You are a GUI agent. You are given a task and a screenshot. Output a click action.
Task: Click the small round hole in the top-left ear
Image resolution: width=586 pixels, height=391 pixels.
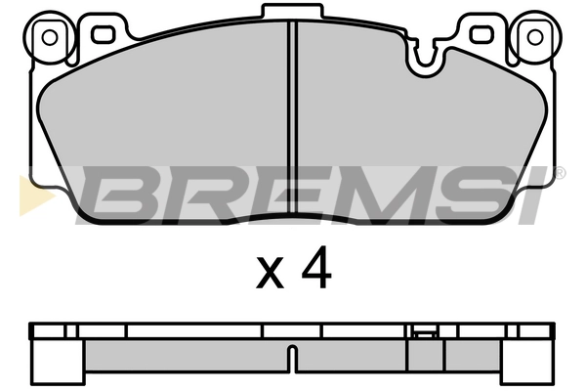(50, 37)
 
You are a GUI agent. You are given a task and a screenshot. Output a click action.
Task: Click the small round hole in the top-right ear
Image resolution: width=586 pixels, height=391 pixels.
(535, 37)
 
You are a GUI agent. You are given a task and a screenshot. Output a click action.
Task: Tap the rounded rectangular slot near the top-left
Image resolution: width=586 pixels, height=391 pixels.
(103, 34)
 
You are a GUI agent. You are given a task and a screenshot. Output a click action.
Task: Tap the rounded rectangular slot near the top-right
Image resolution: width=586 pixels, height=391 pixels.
(482, 34)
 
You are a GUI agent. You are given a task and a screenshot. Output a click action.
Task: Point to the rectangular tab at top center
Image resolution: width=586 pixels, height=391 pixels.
(292, 11)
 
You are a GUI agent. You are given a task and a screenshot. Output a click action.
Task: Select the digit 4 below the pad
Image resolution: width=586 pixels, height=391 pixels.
(316, 267)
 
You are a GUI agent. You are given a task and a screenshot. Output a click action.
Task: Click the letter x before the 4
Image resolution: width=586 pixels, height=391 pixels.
(270, 273)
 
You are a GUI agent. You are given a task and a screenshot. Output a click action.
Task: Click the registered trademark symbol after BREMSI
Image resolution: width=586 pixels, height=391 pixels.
(560, 173)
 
